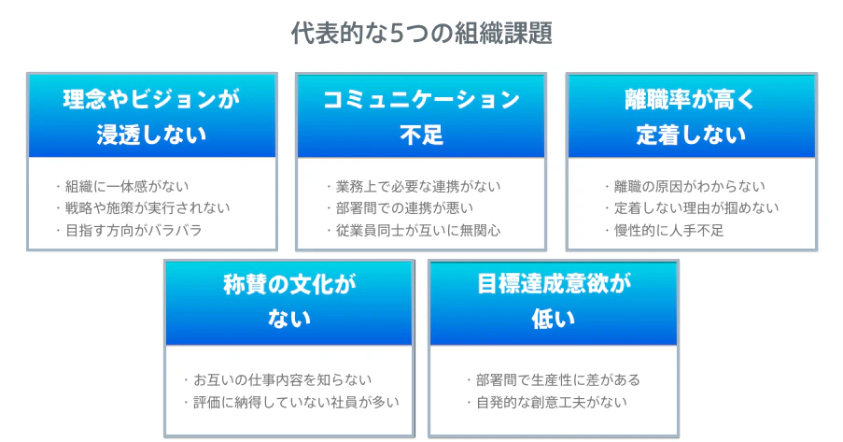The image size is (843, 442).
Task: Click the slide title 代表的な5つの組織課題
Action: click(x=422, y=34)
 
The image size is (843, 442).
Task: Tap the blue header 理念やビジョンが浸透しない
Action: click(x=152, y=116)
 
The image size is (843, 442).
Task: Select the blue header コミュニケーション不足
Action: click(x=421, y=116)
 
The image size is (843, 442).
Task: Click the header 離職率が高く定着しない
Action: click(x=692, y=116)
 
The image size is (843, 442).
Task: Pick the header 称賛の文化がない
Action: click(x=289, y=303)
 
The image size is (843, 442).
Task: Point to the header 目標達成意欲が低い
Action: click(x=554, y=303)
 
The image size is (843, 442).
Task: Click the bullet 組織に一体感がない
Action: click(x=127, y=186)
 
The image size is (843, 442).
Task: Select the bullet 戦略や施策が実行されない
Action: click(x=148, y=207)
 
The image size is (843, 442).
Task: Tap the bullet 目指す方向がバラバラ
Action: click(x=133, y=231)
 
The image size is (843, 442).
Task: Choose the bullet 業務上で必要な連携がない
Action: click(x=418, y=186)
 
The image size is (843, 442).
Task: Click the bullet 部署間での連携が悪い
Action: click(x=404, y=207)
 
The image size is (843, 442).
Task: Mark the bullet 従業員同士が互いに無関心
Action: click(x=418, y=231)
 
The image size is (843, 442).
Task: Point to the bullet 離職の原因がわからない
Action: click(x=689, y=186)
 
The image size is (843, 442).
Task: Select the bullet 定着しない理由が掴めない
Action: click(x=696, y=207)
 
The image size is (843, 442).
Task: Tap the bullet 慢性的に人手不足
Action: click(x=668, y=231)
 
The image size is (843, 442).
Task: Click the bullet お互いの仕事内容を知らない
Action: click(x=283, y=380)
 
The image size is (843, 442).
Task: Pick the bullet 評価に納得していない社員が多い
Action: click(x=296, y=402)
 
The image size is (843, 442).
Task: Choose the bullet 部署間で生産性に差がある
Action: click(x=558, y=380)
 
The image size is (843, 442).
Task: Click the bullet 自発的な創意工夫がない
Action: click(x=552, y=402)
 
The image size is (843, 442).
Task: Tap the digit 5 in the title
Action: click(x=396, y=34)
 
